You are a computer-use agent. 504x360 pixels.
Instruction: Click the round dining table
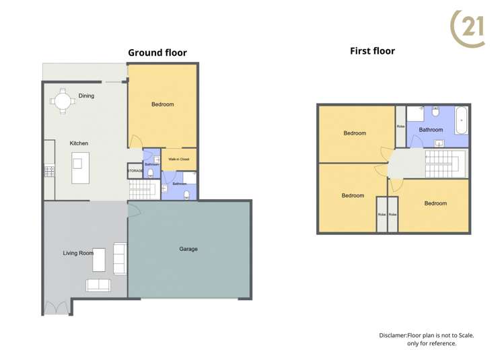click(63, 101)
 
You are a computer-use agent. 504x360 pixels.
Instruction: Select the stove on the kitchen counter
click(48, 171)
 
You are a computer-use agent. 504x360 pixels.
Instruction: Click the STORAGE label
click(135, 171)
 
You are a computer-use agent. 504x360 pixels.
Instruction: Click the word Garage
click(188, 249)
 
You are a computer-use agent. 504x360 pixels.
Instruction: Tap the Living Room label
click(78, 253)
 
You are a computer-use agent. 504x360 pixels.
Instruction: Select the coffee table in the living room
click(99, 260)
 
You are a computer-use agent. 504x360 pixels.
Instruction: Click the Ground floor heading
click(157, 52)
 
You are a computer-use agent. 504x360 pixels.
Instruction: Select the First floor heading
click(372, 50)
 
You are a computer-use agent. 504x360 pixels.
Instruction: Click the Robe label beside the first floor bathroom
click(400, 126)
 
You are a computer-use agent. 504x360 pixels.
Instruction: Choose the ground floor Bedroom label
click(162, 104)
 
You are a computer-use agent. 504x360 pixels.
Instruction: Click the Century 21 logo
click(468, 28)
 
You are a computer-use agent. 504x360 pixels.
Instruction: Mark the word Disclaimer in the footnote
click(393, 334)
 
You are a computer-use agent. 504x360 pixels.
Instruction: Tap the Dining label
click(86, 96)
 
